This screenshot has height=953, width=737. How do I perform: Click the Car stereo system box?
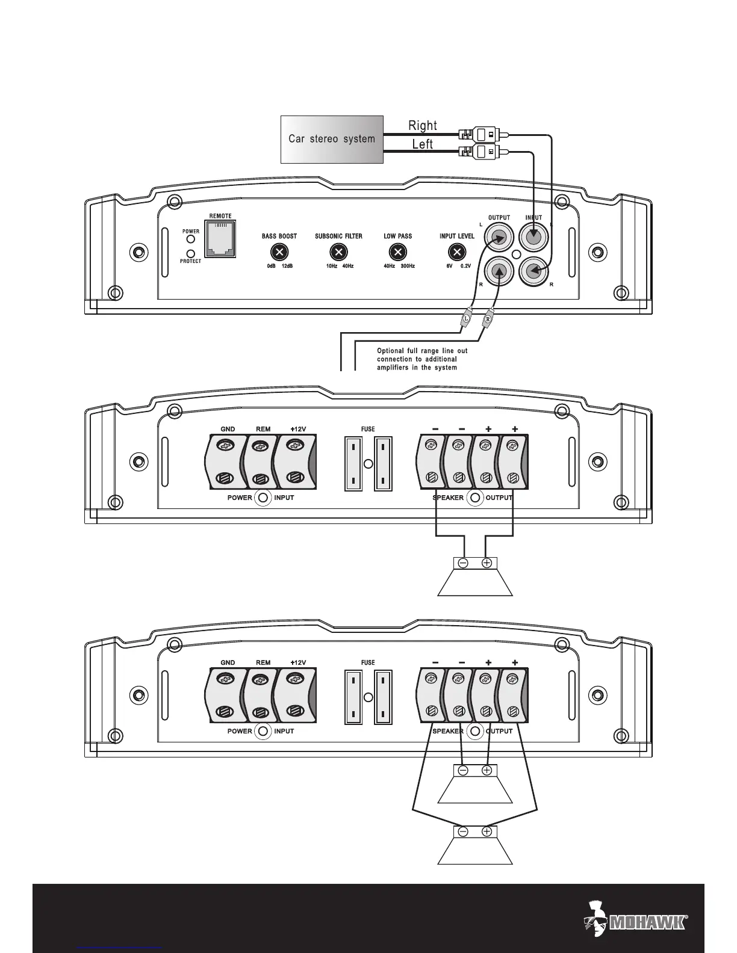tap(332, 139)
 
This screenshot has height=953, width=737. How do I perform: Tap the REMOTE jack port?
tap(220, 239)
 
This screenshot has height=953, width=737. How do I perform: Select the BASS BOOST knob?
tap(279, 252)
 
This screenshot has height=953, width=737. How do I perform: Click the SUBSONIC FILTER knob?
tap(339, 252)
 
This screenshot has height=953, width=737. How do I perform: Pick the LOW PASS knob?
tap(397, 252)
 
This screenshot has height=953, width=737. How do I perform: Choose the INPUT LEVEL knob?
tap(457, 252)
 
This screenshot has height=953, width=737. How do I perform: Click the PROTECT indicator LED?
tap(191, 253)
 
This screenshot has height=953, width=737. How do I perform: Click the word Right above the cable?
tap(423, 125)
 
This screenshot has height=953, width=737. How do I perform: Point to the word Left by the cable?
tap(423, 144)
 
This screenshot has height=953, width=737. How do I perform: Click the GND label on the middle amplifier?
tap(228, 430)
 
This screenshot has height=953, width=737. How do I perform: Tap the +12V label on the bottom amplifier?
tap(298, 662)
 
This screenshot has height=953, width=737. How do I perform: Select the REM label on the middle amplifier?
tap(263, 430)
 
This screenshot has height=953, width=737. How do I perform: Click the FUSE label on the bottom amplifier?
tap(367, 662)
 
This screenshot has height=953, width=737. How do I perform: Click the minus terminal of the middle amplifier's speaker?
tap(463, 563)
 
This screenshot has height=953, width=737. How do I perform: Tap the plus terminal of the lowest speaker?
tap(487, 832)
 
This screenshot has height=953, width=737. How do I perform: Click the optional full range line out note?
tap(422, 359)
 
